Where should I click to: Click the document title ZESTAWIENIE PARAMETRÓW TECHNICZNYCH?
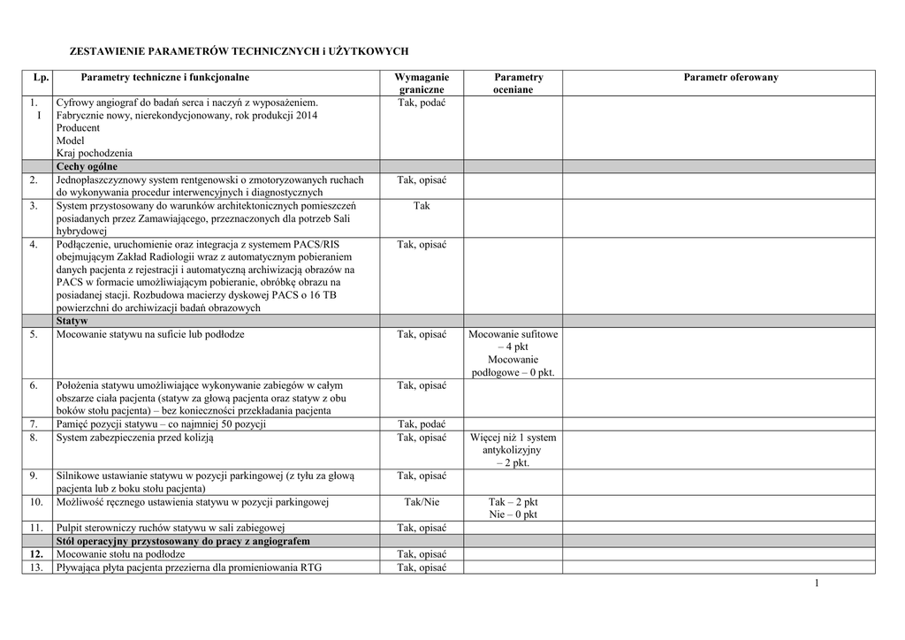coord(239,52)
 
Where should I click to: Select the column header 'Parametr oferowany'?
coord(730,78)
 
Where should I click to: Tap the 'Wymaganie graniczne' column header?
coord(422,83)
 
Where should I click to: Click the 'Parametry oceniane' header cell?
coord(513,83)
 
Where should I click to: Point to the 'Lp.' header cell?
coord(39,78)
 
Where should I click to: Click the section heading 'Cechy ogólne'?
coord(87,166)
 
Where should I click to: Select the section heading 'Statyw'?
coord(72,321)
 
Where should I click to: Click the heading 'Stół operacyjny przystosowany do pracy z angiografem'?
coord(183,541)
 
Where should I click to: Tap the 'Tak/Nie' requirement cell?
coord(422,502)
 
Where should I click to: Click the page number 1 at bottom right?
coord(817,583)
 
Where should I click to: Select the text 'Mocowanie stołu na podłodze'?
coord(115,554)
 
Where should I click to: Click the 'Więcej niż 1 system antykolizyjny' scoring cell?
coord(513,450)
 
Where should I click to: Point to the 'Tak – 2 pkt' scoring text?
coord(513,502)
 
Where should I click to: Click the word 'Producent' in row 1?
coord(78,128)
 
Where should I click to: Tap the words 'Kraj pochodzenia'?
coord(95,153)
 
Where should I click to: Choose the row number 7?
coord(34,424)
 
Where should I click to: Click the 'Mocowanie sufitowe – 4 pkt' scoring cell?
coord(513,341)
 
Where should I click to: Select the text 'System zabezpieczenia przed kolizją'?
coord(134,438)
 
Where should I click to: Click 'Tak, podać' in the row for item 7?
coord(422,424)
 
